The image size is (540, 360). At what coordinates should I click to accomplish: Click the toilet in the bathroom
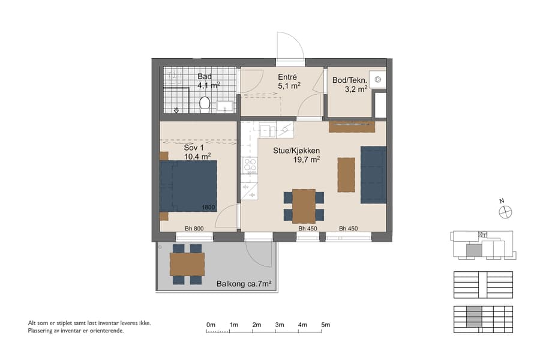point(205,104)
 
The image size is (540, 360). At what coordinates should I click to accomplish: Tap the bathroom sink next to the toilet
point(225,107)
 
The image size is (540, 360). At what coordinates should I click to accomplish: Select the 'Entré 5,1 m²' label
point(287,81)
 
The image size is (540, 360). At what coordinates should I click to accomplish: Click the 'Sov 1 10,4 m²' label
point(197,152)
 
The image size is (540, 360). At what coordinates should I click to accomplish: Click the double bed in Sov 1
point(188,186)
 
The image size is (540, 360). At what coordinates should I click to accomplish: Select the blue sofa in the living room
point(373,174)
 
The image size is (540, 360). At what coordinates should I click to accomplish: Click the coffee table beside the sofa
point(346,174)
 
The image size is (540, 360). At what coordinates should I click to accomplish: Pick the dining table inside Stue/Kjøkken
point(304,206)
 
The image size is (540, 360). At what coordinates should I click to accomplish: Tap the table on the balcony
point(187,264)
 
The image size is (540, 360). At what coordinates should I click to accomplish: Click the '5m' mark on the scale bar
point(325,325)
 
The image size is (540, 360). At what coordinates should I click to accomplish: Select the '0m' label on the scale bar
point(211,325)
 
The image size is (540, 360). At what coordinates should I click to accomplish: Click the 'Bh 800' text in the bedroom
point(194,229)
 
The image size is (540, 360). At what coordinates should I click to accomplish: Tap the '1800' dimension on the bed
point(208,208)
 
